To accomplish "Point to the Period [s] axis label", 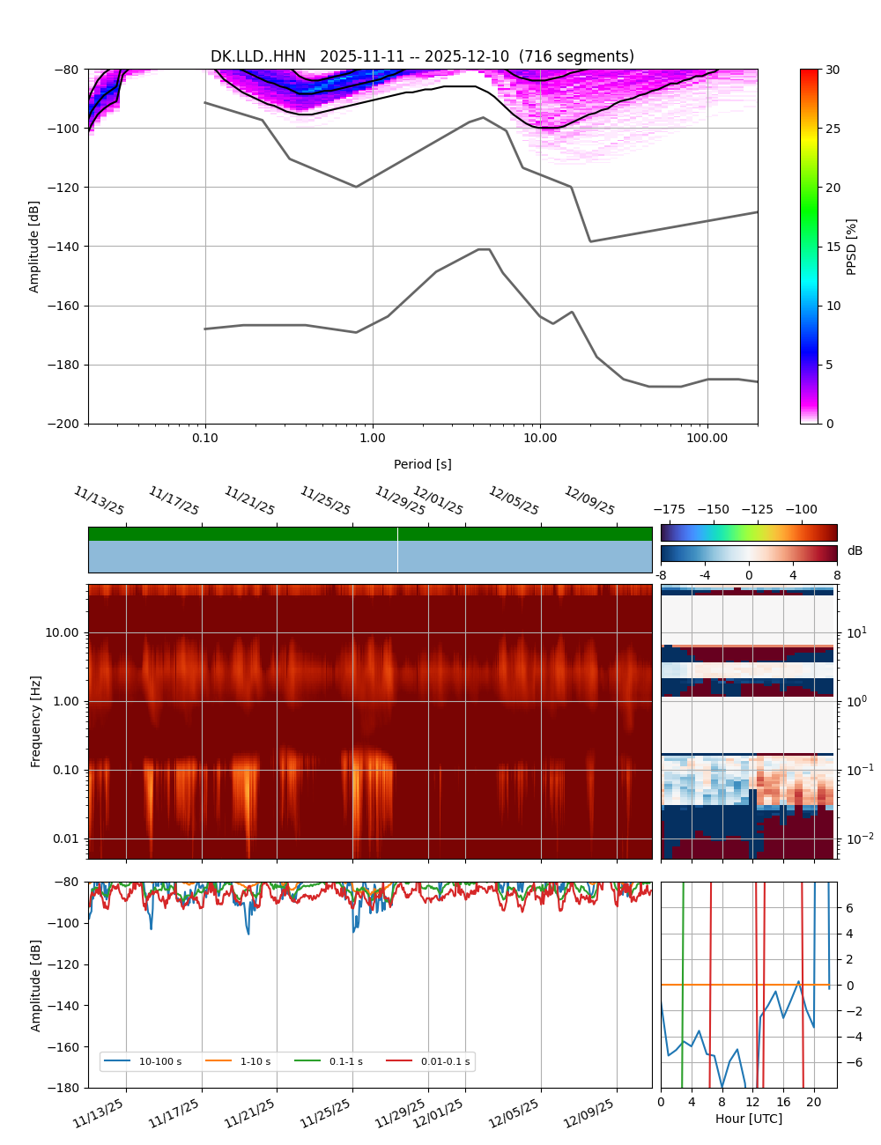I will pyautogui.click(x=422, y=464).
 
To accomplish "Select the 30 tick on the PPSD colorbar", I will pyautogui.click(x=833, y=70).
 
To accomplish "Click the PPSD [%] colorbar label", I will pyautogui.click(x=852, y=247).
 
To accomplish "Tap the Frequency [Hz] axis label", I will pyautogui.click(x=35, y=720).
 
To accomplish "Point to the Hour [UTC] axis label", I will pyautogui.click(x=748, y=1119).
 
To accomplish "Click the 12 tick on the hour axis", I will pyautogui.click(x=752, y=1102).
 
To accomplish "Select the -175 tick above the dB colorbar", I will pyautogui.click(x=673, y=509).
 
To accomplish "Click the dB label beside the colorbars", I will pyautogui.click(x=855, y=551).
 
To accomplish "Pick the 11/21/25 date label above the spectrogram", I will pyautogui.click(x=249, y=500).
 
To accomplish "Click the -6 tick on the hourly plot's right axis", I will pyautogui.click(x=850, y=1062).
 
